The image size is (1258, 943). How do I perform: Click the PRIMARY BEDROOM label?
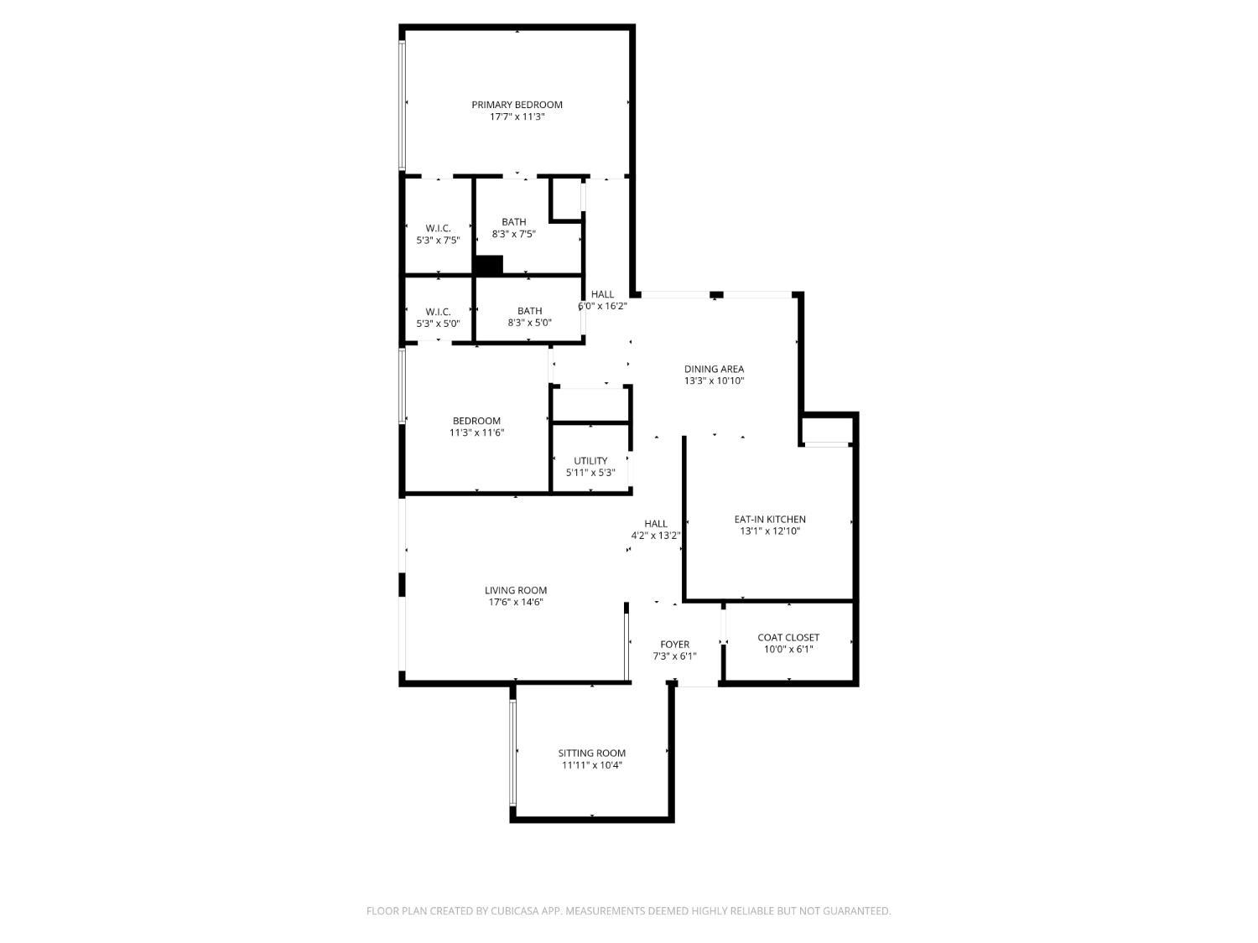517,105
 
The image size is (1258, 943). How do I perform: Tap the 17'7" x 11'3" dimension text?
517,117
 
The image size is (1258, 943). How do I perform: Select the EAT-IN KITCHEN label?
770,520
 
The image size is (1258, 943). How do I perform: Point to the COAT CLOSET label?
788,637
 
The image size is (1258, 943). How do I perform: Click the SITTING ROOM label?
591,753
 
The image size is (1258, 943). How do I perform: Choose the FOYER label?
674,644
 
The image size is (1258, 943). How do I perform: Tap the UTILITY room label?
590,460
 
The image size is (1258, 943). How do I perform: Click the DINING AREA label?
714,369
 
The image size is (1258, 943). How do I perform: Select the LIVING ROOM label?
515,590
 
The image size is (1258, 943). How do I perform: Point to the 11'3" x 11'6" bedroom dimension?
476,433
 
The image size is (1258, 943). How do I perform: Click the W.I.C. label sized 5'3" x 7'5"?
438,228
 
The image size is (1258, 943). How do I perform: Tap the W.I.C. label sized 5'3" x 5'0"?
438,312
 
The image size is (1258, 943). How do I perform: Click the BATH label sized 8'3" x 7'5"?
513,221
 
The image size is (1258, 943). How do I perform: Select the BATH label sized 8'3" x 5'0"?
529,311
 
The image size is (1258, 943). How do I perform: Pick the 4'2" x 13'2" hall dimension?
656,536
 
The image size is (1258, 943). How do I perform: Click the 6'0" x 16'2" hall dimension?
602,306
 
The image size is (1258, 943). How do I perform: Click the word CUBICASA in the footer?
515,910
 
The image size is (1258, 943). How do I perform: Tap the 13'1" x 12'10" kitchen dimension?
770,531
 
